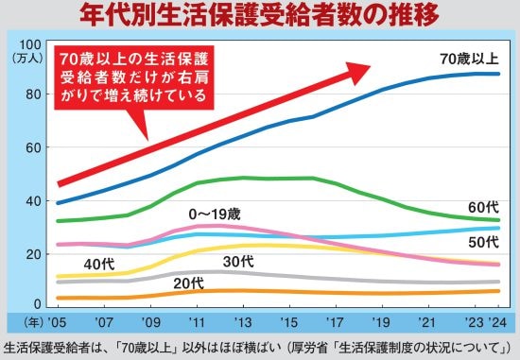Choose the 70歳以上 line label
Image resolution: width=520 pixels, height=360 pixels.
[469, 60]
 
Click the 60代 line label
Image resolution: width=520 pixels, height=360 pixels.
[483, 207]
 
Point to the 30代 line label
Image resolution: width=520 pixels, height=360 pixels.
[237, 260]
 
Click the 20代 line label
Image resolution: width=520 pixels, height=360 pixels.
[187, 283]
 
